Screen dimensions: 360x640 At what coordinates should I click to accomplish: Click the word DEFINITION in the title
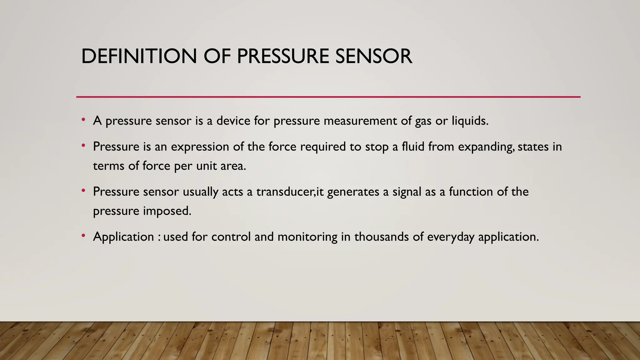point(139,57)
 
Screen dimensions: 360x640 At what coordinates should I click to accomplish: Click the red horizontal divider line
point(328,97)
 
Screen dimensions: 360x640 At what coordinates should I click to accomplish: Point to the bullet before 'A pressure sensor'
point(83,120)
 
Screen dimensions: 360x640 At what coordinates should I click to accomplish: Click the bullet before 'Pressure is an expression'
point(83,146)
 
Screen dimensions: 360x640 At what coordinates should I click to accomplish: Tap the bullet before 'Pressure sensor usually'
point(83,191)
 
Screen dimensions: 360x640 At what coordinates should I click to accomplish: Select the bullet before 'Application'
point(83,236)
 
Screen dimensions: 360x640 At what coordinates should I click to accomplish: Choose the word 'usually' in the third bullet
point(200,192)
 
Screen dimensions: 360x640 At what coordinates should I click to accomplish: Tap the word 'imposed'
point(167,211)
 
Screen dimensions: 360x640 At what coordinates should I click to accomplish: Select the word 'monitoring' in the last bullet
point(307,237)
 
